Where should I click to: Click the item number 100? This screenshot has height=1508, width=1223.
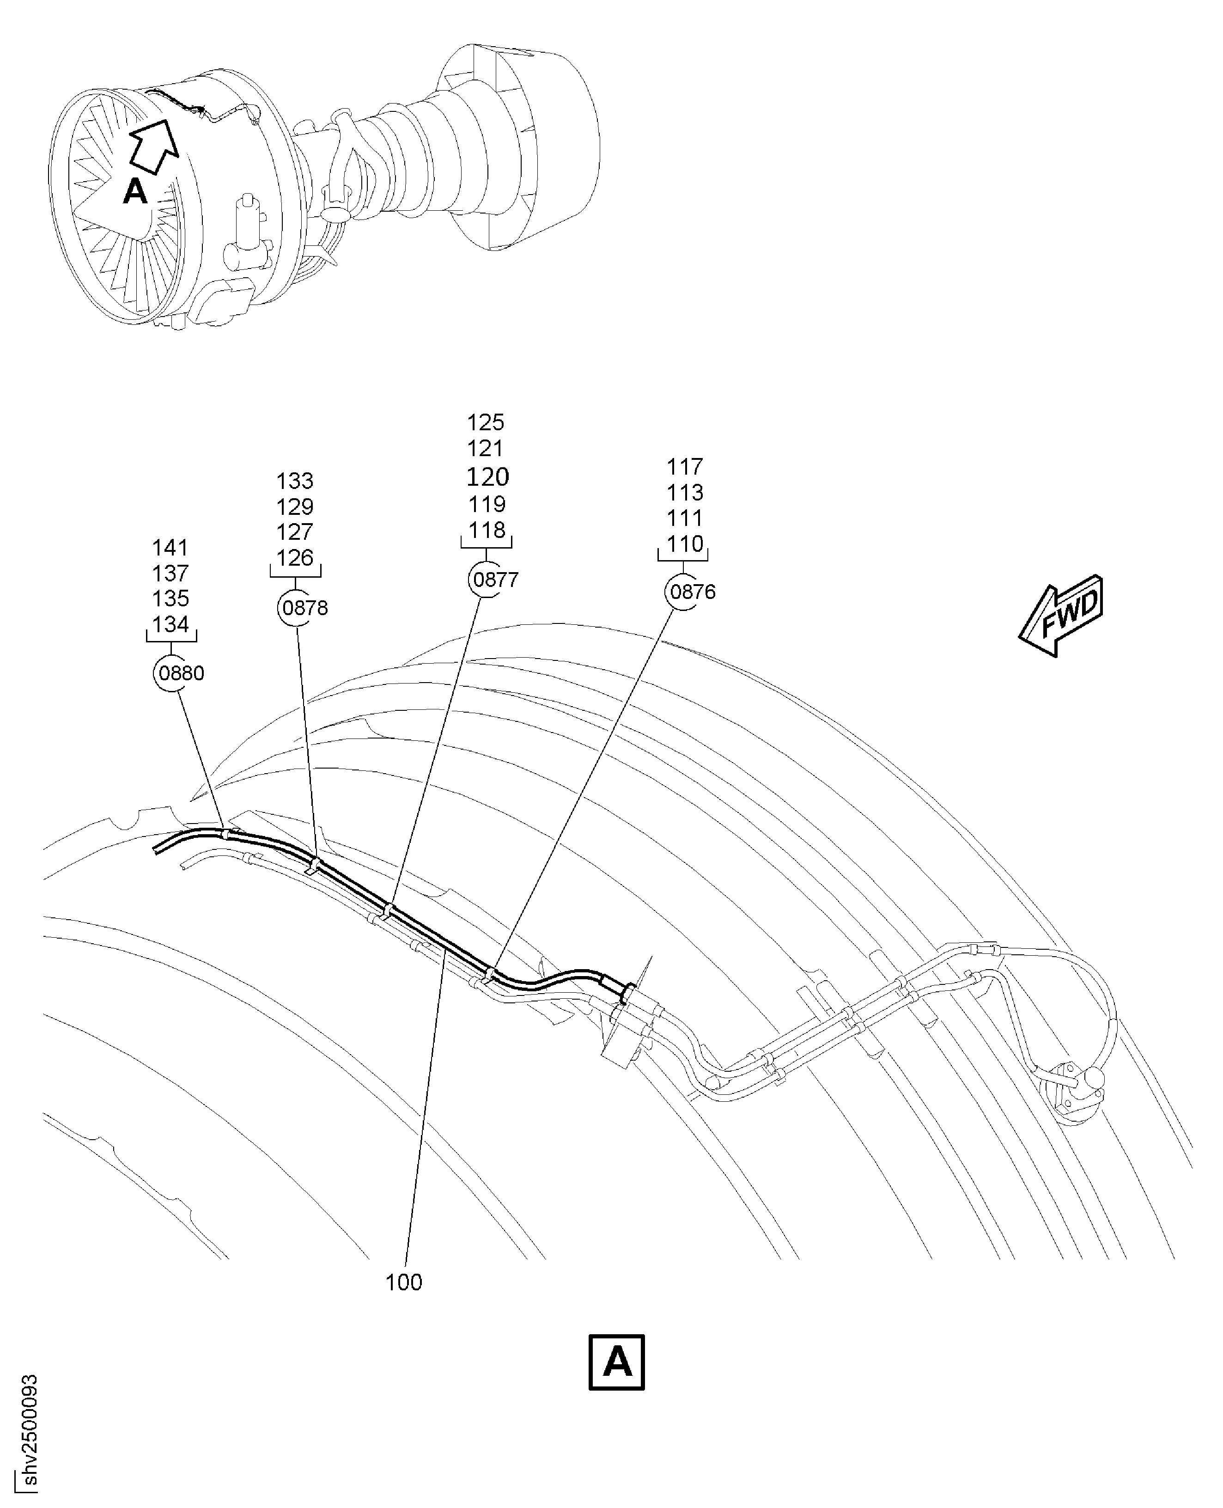point(404,1282)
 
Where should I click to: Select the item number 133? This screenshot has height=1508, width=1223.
point(294,481)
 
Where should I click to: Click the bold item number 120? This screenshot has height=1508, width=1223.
point(487,477)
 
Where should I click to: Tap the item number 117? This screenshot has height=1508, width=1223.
point(685,466)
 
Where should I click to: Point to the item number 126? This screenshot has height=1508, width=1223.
point(294,557)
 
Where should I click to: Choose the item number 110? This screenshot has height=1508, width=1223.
point(685,543)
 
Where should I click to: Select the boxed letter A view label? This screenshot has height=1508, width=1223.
point(616,1361)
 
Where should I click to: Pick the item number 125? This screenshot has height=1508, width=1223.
point(486,422)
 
